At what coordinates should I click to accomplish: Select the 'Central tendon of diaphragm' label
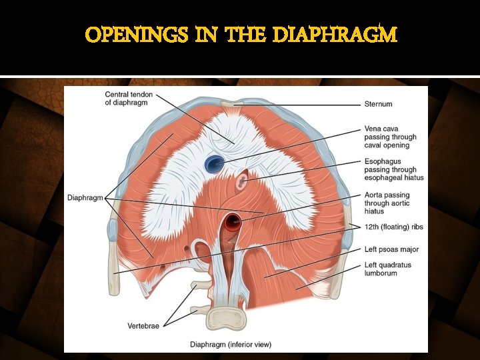(129, 99)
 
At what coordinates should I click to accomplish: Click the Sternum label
(378, 104)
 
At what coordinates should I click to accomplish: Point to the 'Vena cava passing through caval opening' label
(391, 137)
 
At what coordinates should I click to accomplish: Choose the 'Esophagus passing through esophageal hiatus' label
(394, 169)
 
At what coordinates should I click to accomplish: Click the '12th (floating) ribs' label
(393, 227)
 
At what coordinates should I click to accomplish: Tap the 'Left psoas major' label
(391, 249)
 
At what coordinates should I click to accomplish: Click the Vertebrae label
(143, 325)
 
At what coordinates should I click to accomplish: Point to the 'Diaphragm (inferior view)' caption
(231, 345)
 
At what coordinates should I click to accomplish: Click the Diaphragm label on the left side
(85, 198)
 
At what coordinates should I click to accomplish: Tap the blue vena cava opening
(215, 163)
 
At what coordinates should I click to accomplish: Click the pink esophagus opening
(241, 180)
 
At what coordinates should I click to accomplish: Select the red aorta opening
(233, 221)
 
